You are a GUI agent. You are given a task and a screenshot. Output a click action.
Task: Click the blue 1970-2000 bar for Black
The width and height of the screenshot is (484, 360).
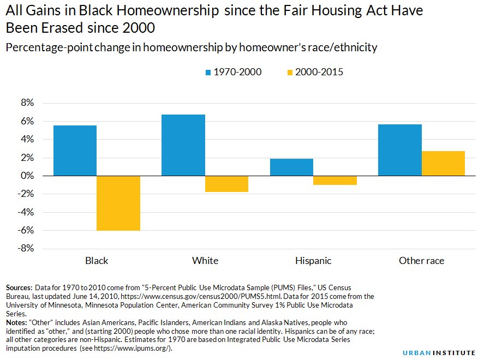pos(75,151)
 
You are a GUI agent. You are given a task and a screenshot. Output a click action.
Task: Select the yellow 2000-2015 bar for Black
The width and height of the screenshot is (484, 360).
pos(118,203)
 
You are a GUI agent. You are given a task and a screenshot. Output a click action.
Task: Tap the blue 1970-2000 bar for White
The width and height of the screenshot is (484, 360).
pos(183,145)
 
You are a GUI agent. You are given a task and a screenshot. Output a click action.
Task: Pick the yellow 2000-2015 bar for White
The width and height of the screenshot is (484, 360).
pos(227,184)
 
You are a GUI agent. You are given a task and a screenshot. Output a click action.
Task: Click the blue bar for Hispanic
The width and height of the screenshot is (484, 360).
pos(291,167)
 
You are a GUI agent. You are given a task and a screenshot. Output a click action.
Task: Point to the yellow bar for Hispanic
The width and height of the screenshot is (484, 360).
pos(335,181)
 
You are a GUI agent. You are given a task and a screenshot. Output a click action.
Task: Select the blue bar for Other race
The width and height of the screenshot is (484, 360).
pos(400,150)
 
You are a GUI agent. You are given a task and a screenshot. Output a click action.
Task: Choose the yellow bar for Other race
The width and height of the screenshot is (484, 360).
pos(443,163)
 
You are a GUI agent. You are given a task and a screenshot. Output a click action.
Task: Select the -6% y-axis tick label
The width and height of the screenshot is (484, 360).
pos(27,230)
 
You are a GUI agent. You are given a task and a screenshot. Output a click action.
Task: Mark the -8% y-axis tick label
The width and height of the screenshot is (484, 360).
pos(27,249)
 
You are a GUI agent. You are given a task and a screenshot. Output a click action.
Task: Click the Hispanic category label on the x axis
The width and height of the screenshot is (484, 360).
pos(313,261)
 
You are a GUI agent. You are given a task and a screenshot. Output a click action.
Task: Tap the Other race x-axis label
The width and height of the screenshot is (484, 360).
pos(421,261)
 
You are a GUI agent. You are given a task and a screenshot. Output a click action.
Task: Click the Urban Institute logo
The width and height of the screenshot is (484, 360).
pos(439,352)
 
